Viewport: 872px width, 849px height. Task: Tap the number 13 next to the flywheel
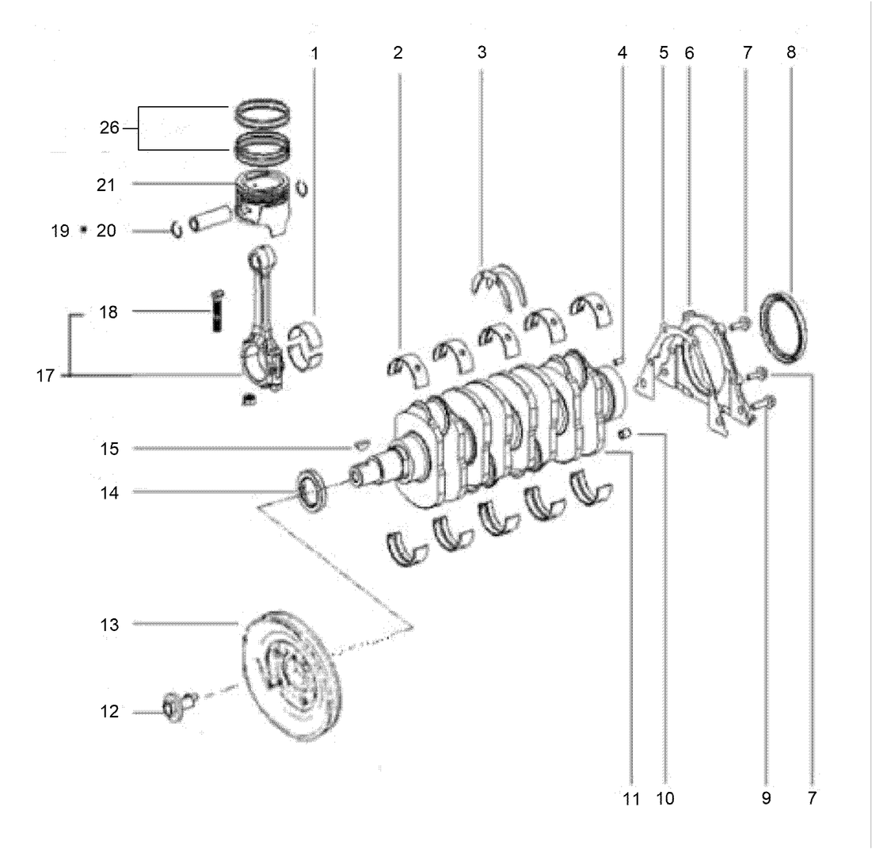coord(109,625)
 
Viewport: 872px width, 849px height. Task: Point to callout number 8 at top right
coord(790,53)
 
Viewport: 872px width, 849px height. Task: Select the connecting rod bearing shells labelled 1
coord(305,346)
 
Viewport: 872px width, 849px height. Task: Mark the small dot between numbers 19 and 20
coord(83,231)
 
